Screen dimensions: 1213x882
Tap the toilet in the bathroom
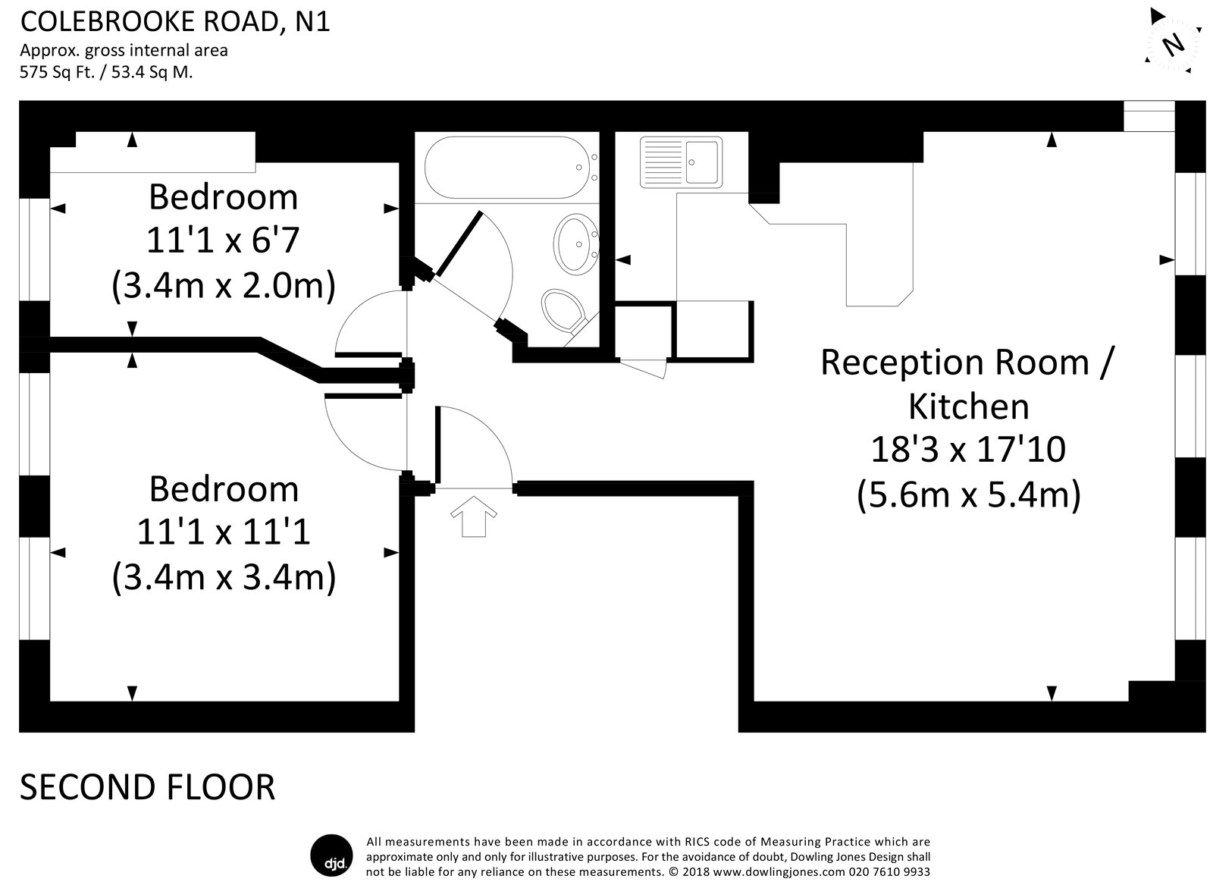tap(564, 312)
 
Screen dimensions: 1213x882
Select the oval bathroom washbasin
tap(575, 244)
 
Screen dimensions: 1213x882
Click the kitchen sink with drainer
tap(681, 162)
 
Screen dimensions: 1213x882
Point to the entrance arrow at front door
tap(474, 516)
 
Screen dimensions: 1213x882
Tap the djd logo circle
tap(331, 855)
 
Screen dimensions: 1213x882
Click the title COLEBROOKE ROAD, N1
tap(175, 22)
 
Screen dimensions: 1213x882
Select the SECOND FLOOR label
tap(147, 787)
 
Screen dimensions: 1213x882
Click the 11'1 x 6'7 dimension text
tap(223, 240)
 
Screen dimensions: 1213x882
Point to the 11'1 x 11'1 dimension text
tap(223, 532)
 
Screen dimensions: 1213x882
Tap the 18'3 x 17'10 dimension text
tap(968, 449)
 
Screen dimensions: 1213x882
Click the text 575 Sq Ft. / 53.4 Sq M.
tap(106, 72)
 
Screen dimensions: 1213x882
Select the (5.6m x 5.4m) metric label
tap(968, 495)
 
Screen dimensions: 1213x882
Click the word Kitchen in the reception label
tap(968, 406)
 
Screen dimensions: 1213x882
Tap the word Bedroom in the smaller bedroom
tap(223, 197)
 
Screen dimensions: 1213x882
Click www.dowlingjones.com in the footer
tap(779, 871)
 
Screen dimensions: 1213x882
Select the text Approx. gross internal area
tap(124, 50)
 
